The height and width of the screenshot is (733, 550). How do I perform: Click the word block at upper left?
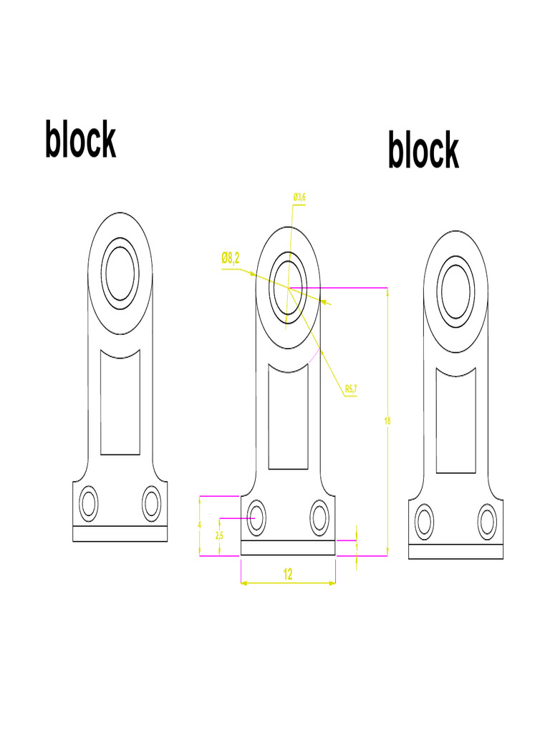point(80,140)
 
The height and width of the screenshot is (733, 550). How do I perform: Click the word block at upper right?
point(423,150)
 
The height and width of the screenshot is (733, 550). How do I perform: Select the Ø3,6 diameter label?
point(299,196)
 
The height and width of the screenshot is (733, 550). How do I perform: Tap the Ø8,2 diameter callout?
point(230,258)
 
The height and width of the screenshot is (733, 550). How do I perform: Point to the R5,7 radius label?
point(351,389)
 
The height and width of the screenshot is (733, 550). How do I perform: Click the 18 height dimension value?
point(387,421)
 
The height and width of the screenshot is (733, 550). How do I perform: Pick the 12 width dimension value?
point(288,574)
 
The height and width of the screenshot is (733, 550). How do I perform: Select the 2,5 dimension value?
point(219,535)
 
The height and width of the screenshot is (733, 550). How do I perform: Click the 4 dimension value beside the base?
point(199,525)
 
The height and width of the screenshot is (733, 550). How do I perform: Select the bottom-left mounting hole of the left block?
point(89,503)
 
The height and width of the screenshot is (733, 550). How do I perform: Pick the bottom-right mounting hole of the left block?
point(152,503)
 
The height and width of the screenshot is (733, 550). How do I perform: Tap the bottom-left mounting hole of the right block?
point(425,521)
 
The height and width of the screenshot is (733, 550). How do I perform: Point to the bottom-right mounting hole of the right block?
point(488,521)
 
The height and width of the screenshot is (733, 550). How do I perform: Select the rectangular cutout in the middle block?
point(288,417)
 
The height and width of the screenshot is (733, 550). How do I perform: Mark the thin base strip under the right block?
point(455,552)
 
